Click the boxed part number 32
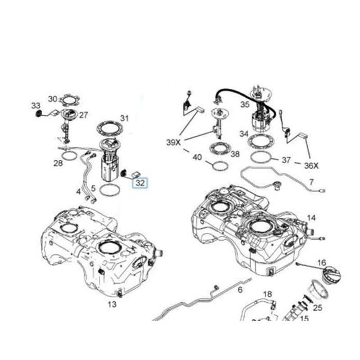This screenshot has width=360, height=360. click(x=140, y=183)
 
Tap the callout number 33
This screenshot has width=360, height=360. click(x=36, y=105)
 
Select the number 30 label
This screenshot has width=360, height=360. click(x=53, y=99)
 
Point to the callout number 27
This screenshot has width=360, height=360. click(x=83, y=115)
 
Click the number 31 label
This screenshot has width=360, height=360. click(x=124, y=118)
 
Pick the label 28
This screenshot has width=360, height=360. click(x=58, y=163)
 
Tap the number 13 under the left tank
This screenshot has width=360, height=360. click(x=112, y=304)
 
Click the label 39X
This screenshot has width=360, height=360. click(x=173, y=142)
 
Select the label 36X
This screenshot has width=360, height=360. click(x=311, y=166)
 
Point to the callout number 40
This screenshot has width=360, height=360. click(x=197, y=157)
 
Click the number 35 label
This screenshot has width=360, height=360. click(x=245, y=104)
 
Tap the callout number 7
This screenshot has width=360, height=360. click(x=311, y=182)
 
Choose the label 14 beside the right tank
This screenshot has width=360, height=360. click(x=311, y=218)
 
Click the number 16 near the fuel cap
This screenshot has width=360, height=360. click(x=321, y=262)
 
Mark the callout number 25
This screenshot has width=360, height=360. click(x=318, y=308)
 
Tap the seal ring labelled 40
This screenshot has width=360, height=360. click(x=220, y=166)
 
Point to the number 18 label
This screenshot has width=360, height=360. click(x=268, y=294)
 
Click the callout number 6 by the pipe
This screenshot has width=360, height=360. click(x=240, y=290)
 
